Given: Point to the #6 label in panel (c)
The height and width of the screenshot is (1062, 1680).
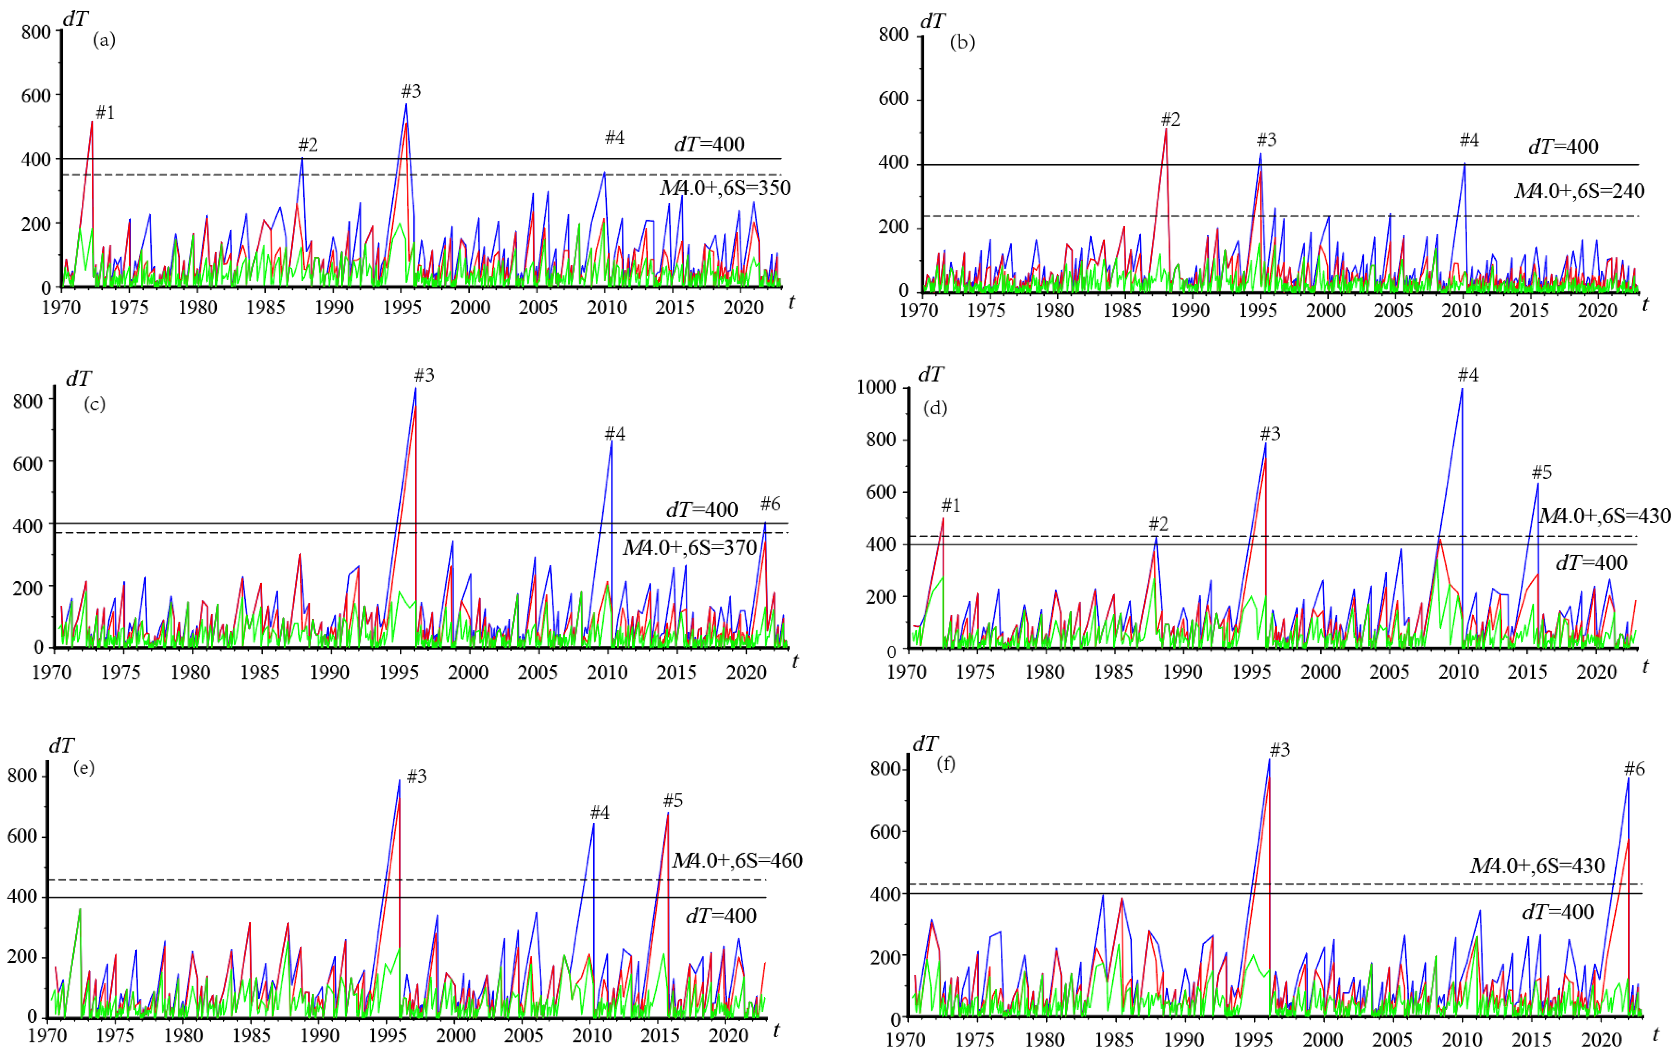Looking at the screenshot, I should click(x=770, y=504).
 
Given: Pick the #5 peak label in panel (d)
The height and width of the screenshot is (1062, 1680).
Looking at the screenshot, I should click(x=1542, y=472).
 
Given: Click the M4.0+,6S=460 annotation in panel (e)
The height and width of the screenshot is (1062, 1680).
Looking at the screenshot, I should click(x=737, y=860).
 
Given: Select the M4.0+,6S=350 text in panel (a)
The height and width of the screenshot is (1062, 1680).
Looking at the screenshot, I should click(x=725, y=188).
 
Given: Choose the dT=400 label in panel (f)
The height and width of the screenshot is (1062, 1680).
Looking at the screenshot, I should click(x=1558, y=912).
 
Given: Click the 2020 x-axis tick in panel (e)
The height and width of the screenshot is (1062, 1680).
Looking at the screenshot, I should click(x=728, y=1035).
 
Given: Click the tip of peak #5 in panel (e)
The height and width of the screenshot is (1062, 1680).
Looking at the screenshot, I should click(x=668, y=812).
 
